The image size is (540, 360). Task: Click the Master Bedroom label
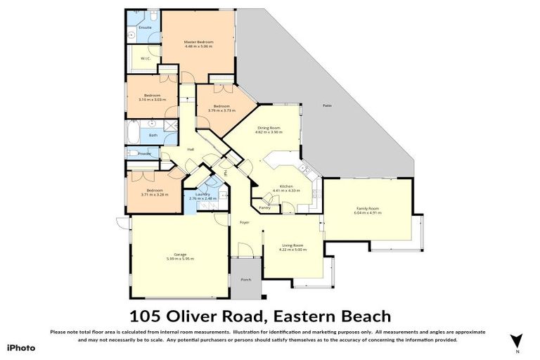point(198,42)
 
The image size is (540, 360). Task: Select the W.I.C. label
point(144,58)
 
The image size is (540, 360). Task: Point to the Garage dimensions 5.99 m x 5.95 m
point(180,259)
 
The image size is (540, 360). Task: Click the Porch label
point(245,279)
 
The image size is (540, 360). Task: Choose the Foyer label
point(244,223)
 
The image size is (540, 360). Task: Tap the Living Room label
point(292,245)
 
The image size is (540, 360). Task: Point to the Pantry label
point(265,207)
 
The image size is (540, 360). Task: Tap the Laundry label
point(202,194)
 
